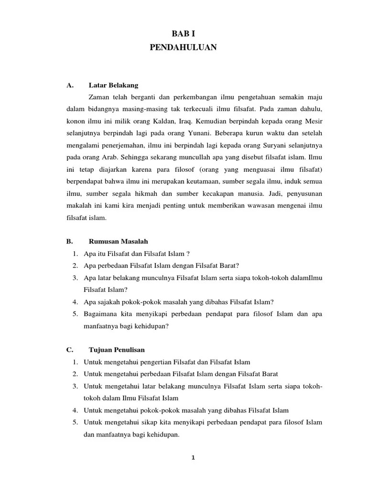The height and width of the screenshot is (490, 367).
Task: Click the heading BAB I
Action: (x=183, y=33)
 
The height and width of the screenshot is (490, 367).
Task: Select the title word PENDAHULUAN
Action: (x=183, y=47)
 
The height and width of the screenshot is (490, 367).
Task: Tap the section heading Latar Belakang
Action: (x=113, y=86)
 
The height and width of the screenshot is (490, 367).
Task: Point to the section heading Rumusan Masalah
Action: (x=122, y=241)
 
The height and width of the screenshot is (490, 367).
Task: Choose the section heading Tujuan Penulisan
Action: (x=117, y=350)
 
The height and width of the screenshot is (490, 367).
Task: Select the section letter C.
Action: (x=69, y=350)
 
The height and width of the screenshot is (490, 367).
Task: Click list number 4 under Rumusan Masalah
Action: (x=76, y=302)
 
